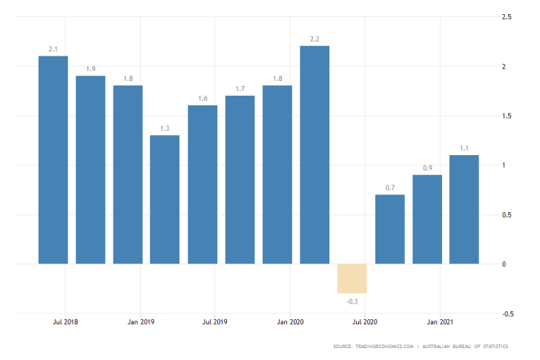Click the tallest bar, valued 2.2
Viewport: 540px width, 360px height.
pyautogui.click(x=315, y=154)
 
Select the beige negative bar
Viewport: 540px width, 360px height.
pyautogui.click(x=352, y=278)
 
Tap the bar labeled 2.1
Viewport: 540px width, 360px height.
pyautogui.click(x=53, y=160)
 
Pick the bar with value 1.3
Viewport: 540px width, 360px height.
pyautogui.click(x=165, y=199)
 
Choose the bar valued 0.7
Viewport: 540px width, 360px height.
pyautogui.click(x=389, y=229)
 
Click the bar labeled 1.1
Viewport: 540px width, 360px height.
pyautogui.click(x=464, y=209)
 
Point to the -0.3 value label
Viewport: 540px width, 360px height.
pyautogui.click(x=352, y=301)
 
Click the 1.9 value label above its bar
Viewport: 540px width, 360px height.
pyautogui.click(x=90, y=68)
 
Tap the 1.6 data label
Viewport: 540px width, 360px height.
pyautogui.click(x=202, y=98)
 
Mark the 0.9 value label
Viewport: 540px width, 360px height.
pyautogui.click(x=427, y=168)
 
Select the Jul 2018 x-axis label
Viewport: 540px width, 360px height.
pyautogui.click(x=65, y=322)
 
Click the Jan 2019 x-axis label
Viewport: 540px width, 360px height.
pyautogui.click(x=139, y=322)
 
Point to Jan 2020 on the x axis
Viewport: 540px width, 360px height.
pyautogui.click(x=289, y=322)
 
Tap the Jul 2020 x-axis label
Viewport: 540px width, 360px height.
pyautogui.click(x=365, y=322)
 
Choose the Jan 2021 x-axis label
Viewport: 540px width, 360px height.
pyautogui.click(x=440, y=322)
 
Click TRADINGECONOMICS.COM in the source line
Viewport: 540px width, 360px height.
pyautogui.click(x=386, y=347)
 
